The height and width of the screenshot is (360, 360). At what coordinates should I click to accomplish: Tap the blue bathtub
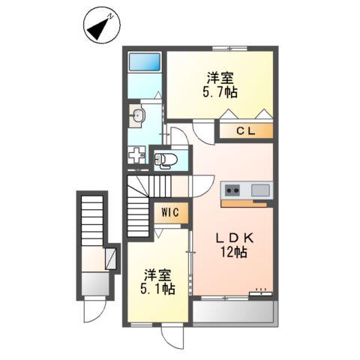144,62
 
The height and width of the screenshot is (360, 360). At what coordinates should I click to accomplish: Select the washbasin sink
137,115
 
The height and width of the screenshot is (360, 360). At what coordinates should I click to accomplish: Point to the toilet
166,158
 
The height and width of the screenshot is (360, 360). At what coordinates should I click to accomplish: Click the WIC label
169,212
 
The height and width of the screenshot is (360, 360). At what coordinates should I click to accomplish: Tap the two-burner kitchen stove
232,190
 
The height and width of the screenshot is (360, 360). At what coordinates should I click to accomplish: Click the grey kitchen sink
260,190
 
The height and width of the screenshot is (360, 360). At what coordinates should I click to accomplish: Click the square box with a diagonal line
112,259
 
